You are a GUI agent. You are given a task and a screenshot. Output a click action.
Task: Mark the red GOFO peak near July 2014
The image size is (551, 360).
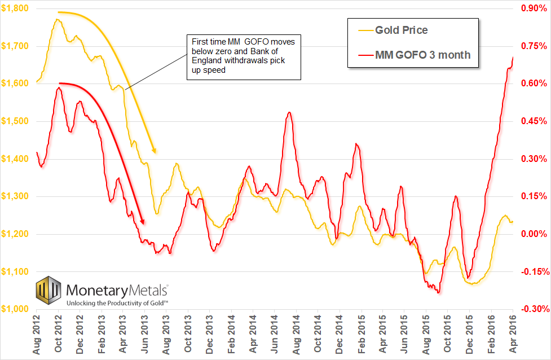[x=289, y=112]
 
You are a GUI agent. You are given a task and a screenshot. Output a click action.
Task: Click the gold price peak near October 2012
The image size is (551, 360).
[x=58, y=20]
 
